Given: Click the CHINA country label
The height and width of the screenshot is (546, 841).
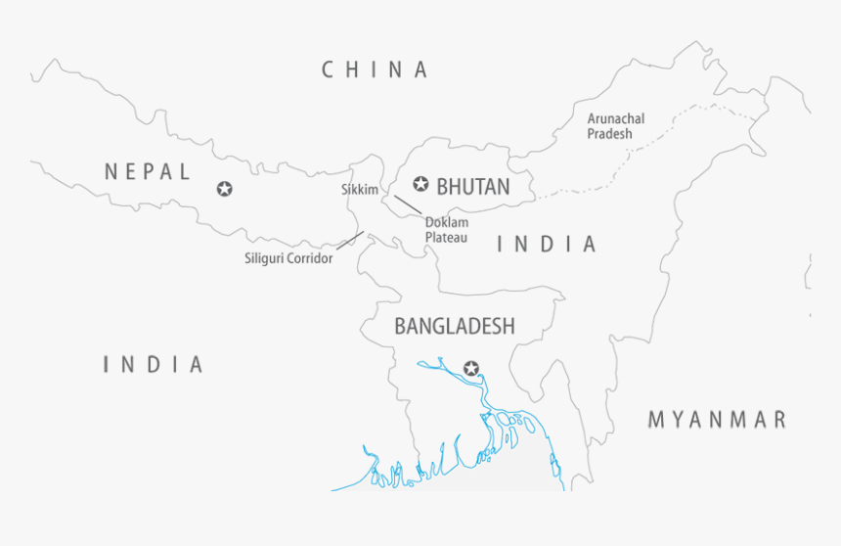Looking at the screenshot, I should pos(376,69).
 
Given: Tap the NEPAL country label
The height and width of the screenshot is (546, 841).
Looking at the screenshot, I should pos(148,172).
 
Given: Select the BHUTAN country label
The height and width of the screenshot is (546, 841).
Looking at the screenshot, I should pos(473,186).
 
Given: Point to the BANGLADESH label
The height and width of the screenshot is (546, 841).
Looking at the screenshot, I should pos(454,326).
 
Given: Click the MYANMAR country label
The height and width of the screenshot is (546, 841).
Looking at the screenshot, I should pos(717,420).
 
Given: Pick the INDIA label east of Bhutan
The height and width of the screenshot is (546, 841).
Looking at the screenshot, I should pos(547,245).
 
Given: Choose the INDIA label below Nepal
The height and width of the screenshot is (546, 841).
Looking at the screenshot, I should pos(154,365).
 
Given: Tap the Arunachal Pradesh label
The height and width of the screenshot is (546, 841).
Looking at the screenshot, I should pos(615,126).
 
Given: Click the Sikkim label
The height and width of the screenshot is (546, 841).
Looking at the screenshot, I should pos(359,189).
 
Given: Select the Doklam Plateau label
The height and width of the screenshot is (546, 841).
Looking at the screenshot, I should pos(446,230).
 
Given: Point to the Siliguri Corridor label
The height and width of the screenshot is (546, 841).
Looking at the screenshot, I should pos(288,259).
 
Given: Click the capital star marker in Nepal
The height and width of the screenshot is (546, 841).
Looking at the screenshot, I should pos(225,188).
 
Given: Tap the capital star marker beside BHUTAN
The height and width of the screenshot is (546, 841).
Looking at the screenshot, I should pos(421,183).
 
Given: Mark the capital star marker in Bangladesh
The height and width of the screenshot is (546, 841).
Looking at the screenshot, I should pos(472,368).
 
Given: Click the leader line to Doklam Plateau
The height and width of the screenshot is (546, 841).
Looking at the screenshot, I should pos(408,205).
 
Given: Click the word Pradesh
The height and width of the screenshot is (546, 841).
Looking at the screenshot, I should pos(609,134).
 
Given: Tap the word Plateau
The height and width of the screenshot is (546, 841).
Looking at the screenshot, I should pos(446,238).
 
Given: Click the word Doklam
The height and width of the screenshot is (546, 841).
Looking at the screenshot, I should pos(445,222).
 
